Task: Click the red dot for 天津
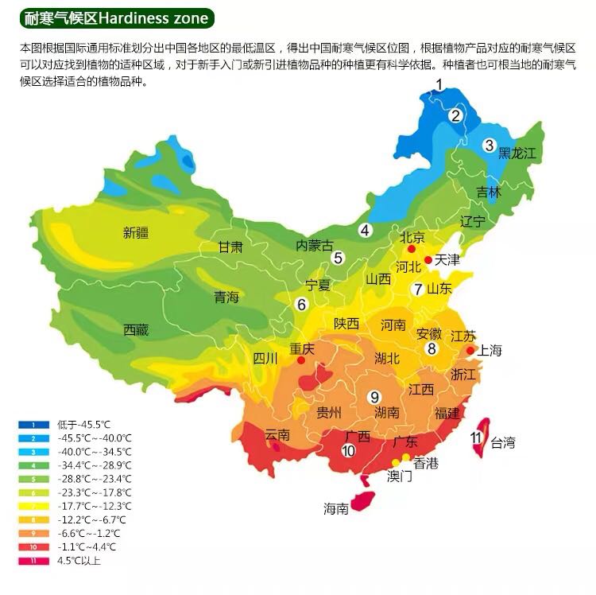pyautogui.click(x=428, y=260)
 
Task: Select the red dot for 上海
pyautogui.click(x=470, y=350)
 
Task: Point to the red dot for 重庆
pyautogui.click(x=301, y=360)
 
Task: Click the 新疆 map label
pyautogui.click(x=136, y=233)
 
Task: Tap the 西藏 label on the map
pyautogui.click(x=136, y=330)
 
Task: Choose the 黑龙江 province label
pyautogui.click(x=518, y=152)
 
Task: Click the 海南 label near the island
pyautogui.click(x=335, y=509)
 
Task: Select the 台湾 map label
pyautogui.click(x=503, y=443)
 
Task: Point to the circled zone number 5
pyautogui.click(x=338, y=258)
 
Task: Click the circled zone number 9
pyautogui.click(x=373, y=397)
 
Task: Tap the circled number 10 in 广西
pyautogui.click(x=348, y=450)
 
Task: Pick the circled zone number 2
pyautogui.click(x=455, y=115)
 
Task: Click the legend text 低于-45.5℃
pyautogui.click(x=83, y=425)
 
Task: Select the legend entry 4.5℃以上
pyautogui.click(x=79, y=561)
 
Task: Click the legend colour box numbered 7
pyautogui.click(x=33, y=507)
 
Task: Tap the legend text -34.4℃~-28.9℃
pyautogui.click(x=95, y=465)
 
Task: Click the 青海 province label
pyautogui.click(x=226, y=297)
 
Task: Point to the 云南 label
pyautogui.click(x=277, y=434)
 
